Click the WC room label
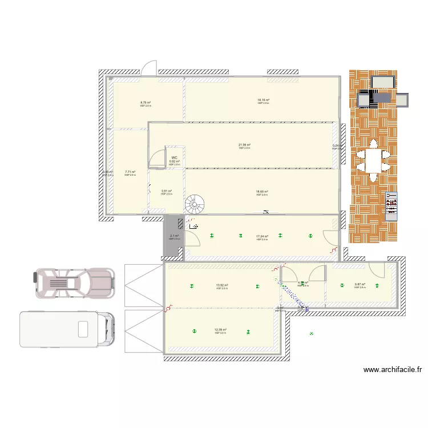pos(175,158)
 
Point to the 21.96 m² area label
pos(245,145)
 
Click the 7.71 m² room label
pos(130,172)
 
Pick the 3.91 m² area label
pos(167,191)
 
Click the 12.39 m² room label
pos(221,329)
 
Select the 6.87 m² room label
pos(360,284)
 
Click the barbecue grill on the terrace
pos(391,206)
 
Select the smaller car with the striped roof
pos(74,284)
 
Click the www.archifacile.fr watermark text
pos(393,370)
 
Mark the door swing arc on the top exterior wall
pos(149,67)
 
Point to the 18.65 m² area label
pos(262,192)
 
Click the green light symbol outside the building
pos(311,334)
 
